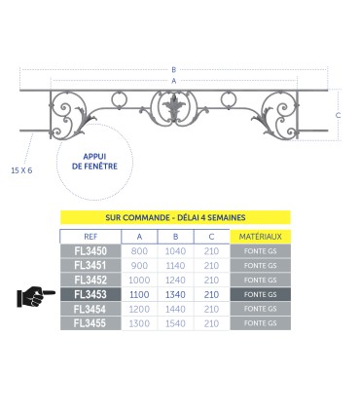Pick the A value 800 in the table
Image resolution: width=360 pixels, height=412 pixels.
(140, 251)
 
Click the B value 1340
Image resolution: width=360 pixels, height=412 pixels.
(175, 292)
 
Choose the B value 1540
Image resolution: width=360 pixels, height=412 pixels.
(175, 321)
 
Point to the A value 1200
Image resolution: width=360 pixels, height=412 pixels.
(140, 307)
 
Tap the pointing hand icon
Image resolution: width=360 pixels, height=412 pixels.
(36, 292)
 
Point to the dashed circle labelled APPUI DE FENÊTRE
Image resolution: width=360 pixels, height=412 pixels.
(93, 161)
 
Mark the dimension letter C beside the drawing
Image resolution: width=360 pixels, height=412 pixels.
(337, 115)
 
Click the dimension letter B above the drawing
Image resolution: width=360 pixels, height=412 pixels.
(174, 70)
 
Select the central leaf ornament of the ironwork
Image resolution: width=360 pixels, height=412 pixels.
(176, 107)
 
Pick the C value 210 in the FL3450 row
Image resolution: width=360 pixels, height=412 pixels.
(210, 251)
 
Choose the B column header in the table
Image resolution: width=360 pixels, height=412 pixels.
(175, 236)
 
